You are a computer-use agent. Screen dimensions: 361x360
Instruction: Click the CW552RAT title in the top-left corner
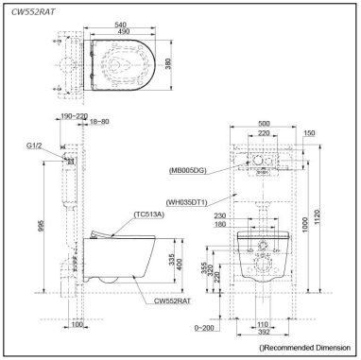33,12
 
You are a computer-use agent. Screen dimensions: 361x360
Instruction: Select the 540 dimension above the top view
120,25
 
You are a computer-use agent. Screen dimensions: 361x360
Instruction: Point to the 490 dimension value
123,31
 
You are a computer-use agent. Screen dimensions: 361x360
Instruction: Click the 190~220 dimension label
74,116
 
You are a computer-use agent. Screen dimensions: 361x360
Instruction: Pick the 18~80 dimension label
99,122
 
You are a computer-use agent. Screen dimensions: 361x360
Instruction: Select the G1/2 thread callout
34,146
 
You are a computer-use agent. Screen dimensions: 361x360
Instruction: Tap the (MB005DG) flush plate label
187,171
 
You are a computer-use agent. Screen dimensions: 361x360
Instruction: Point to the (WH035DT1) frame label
187,202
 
